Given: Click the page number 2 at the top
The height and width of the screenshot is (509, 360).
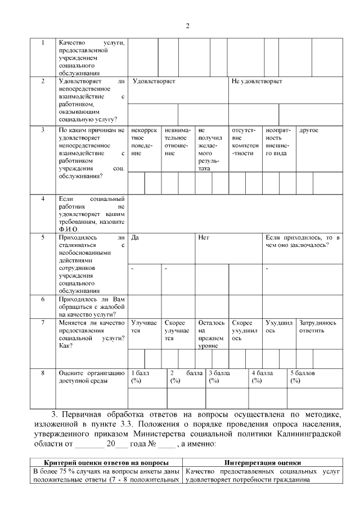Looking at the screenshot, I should [188, 26].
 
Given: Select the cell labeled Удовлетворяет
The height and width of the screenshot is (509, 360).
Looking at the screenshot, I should [154, 82].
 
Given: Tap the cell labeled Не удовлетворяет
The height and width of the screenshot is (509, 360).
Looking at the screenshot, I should [257, 82].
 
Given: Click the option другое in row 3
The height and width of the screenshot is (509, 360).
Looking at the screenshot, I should [309, 130].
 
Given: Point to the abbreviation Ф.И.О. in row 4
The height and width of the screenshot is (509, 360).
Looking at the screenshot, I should [69, 229].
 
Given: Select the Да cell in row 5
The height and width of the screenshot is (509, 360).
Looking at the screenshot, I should [135, 238].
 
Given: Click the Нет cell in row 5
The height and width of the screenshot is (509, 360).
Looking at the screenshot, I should [204, 238].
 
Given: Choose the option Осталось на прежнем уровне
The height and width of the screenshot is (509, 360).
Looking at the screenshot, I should [211, 335].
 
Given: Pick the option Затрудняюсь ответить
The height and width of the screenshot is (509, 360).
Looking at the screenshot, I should [318, 327].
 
